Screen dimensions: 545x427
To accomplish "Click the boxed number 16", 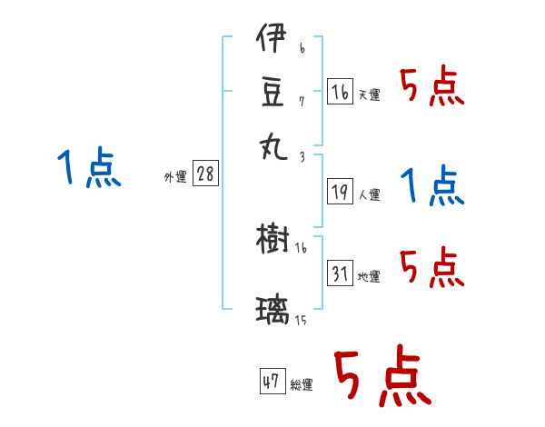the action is [340, 91].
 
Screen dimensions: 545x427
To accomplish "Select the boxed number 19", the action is [340, 192].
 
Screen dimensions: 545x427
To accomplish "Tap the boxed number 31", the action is [340, 273].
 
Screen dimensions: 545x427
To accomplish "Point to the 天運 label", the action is [369, 94].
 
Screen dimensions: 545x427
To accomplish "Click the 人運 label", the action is [369, 194].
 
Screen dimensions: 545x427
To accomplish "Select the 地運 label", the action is [369, 276].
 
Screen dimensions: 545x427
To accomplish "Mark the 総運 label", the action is [301, 384].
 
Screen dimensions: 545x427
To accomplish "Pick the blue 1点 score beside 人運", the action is [431, 185].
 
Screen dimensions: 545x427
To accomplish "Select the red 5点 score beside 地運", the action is [431, 267].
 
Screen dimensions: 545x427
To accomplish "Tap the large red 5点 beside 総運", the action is [381, 376].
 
